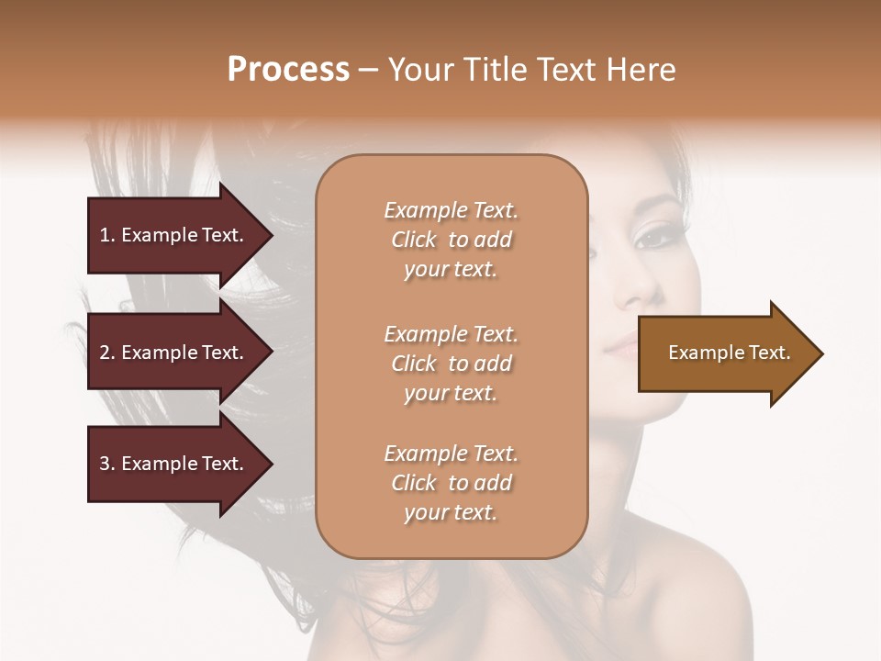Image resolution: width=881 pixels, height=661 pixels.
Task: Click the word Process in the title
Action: (x=288, y=70)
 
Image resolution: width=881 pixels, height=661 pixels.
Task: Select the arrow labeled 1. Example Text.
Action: (x=174, y=235)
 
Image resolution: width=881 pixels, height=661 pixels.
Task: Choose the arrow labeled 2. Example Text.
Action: (x=174, y=353)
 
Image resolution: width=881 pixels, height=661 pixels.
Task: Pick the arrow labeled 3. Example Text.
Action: (x=174, y=464)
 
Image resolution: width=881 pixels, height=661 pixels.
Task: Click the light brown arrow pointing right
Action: (x=725, y=353)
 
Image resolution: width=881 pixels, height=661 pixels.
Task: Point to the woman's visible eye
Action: (x=654, y=237)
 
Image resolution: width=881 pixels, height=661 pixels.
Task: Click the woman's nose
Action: (x=633, y=292)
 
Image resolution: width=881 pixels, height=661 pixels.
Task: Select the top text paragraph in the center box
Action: (x=451, y=240)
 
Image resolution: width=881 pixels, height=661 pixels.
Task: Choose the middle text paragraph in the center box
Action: (x=451, y=364)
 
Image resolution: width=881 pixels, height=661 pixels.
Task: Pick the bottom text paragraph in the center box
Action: (x=451, y=483)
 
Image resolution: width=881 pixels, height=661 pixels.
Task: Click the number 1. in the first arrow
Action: (x=107, y=235)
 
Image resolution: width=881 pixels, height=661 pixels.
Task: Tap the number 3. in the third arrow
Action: (x=107, y=464)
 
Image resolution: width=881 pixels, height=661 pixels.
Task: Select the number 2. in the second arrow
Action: (x=107, y=353)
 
